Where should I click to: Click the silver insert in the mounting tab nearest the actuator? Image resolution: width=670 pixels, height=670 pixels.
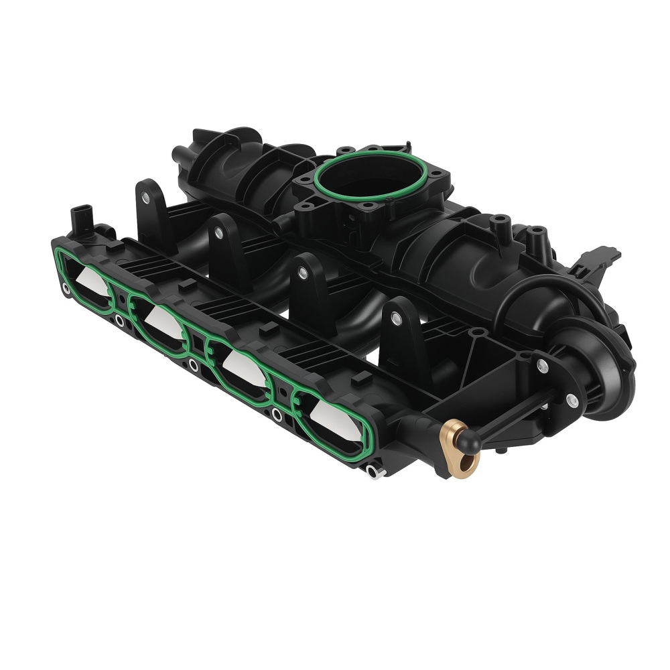pos(399,320)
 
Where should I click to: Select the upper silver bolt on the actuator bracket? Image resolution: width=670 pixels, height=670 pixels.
pos(541,366)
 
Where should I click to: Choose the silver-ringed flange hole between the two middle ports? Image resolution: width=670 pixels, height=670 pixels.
pos(194,364)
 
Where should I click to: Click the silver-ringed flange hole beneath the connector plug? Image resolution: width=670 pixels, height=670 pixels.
pos(65,290)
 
